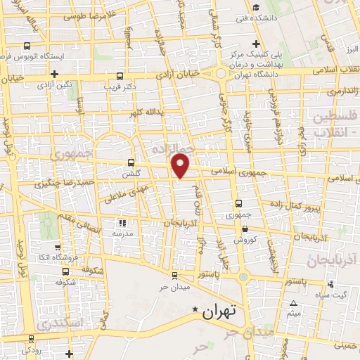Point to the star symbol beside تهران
pyautogui.click(x=195, y=309)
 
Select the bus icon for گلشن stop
pyautogui.click(x=131, y=164)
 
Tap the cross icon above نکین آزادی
pyautogui.click(x=54, y=73)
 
